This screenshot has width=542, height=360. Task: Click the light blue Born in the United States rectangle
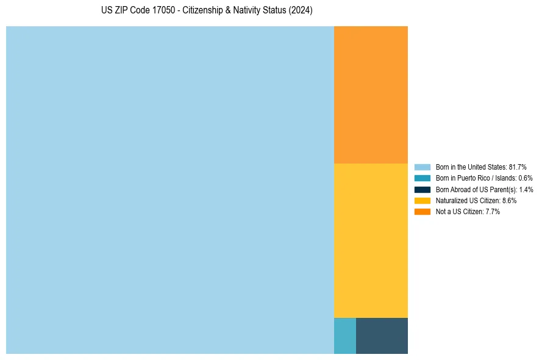point(169,190)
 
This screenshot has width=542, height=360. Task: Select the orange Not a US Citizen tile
point(371,95)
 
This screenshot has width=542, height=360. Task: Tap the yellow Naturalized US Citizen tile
point(371,240)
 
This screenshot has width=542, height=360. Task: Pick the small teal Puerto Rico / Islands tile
point(344,336)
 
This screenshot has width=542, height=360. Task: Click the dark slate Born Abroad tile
point(382,336)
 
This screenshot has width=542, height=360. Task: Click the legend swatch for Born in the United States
point(422,167)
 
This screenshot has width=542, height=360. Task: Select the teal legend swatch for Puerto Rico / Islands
point(422,178)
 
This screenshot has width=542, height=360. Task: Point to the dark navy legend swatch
point(422,189)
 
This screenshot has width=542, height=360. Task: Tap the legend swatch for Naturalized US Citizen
point(422,200)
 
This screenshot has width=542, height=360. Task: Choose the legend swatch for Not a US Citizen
point(422,212)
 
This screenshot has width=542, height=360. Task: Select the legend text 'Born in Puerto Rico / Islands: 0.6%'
point(484,178)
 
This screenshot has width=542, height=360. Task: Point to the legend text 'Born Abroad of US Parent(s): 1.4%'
point(484,189)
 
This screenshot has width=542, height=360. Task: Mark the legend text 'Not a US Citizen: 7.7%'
point(468,212)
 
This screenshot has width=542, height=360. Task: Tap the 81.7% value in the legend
point(517,167)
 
